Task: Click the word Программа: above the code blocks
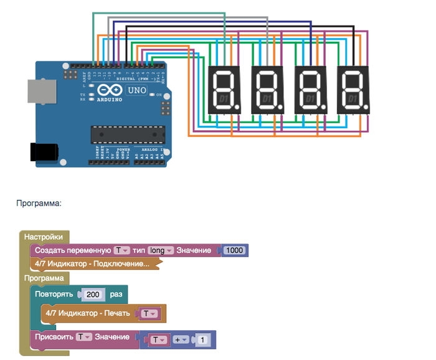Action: click(x=39, y=202)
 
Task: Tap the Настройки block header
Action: click(x=44, y=237)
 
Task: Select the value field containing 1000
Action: click(x=235, y=250)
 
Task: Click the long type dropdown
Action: click(x=161, y=250)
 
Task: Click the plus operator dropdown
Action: click(x=181, y=340)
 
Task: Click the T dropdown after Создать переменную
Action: click(x=121, y=250)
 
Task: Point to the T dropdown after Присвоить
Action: click(x=83, y=337)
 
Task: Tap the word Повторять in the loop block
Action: click(x=54, y=294)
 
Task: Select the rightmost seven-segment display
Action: click(x=353, y=90)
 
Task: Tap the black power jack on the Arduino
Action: click(x=44, y=152)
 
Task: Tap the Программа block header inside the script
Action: click(x=44, y=278)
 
